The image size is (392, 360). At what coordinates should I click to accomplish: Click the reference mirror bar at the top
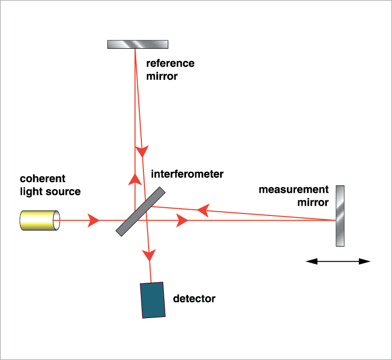pos(137,44)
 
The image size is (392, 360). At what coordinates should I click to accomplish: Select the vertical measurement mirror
pos(340,215)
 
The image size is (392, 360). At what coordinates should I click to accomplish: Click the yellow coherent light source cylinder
pos(39,220)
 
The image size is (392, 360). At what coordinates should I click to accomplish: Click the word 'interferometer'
pos(187,174)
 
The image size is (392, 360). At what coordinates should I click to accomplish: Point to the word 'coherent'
pos(42,179)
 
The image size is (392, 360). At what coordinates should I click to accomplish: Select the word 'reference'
pos(170,64)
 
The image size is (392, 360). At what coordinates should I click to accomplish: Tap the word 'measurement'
pos(294,190)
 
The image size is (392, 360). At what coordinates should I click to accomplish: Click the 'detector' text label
pos(194,299)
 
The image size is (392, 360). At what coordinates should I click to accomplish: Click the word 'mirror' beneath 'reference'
pos(162,76)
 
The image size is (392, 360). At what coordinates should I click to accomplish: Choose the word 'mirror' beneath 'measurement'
pos(313,202)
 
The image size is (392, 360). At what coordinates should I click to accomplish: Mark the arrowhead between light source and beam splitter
pos(94,220)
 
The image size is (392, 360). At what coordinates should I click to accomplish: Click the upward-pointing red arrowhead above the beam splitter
pos(135,179)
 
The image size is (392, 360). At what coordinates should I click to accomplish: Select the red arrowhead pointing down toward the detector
pos(150,254)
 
